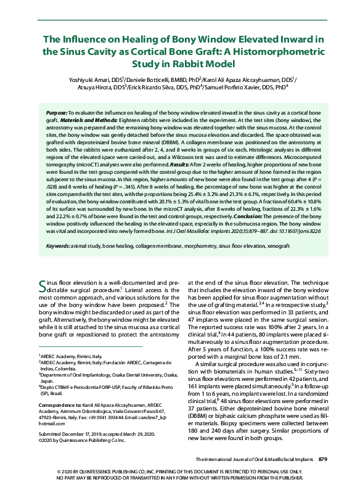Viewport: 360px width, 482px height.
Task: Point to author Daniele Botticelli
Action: click(145, 80)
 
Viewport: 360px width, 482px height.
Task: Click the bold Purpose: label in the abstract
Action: click(57, 114)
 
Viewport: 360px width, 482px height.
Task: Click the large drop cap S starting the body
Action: click(43, 286)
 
